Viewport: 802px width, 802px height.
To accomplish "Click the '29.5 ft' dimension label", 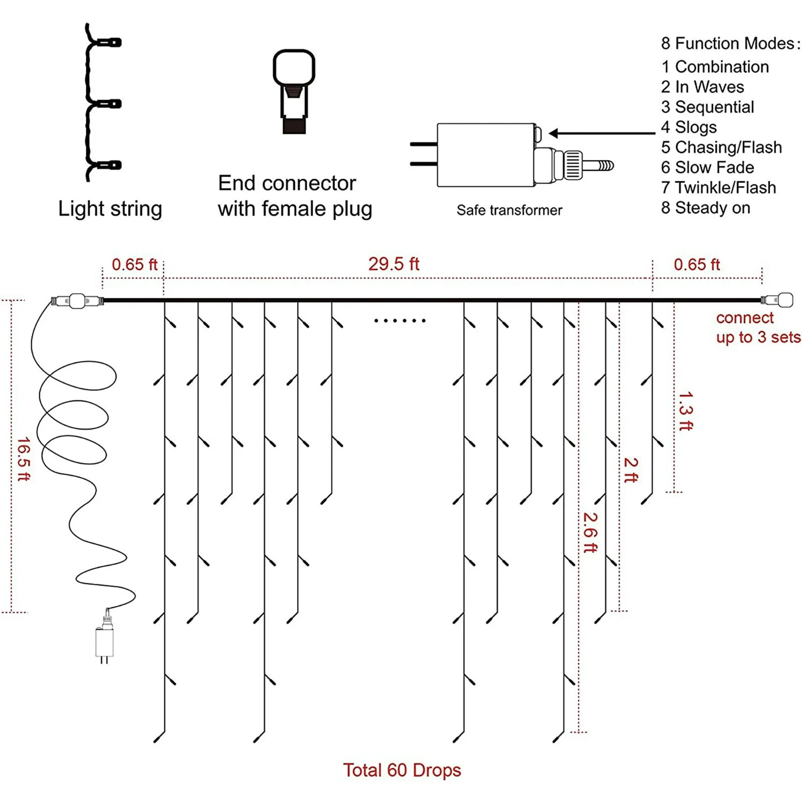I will pyautogui.click(x=393, y=264).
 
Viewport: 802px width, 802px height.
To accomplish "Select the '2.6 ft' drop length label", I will pyautogui.click(x=590, y=532).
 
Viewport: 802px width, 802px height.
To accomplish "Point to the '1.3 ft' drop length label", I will pyautogui.click(x=685, y=411).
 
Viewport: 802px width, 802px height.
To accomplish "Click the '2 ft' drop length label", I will pyautogui.click(x=631, y=470).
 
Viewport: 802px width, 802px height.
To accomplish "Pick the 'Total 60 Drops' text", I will pyautogui.click(x=402, y=770).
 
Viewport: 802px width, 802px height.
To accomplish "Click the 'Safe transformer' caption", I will pyautogui.click(x=509, y=210).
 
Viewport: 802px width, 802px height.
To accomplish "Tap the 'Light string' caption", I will pyautogui.click(x=110, y=209).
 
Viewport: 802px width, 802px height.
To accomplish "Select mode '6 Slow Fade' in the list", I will pyautogui.click(x=707, y=167).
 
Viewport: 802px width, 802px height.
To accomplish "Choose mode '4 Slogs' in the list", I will pyautogui.click(x=689, y=127).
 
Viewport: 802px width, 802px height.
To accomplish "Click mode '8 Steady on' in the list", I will pyautogui.click(x=705, y=208).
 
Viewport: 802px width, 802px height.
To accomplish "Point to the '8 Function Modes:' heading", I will pyautogui.click(x=730, y=44).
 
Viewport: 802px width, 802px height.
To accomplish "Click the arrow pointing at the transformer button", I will pyautogui.click(x=601, y=133).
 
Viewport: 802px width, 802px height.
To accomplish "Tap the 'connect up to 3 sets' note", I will pyautogui.click(x=758, y=327).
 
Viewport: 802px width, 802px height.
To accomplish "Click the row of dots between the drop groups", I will pyautogui.click(x=399, y=320).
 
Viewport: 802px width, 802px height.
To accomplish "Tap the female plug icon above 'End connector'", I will pyautogui.click(x=294, y=90).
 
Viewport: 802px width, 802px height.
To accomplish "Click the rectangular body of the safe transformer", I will pyautogui.click(x=485, y=155).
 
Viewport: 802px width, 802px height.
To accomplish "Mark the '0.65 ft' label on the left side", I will pyautogui.click(x=134, y=264).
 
